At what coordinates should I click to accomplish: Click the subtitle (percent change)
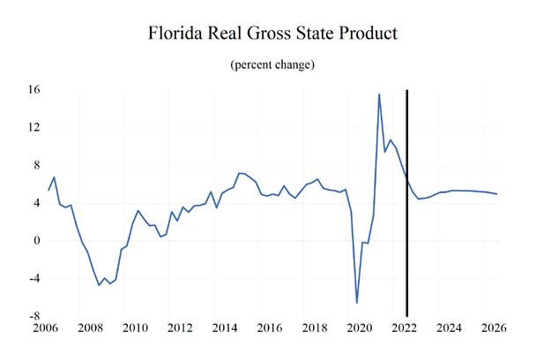[272, 65]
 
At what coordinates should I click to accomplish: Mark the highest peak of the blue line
[379, 94]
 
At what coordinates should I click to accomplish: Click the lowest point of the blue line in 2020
[357, 303]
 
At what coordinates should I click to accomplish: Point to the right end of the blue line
[497, 194]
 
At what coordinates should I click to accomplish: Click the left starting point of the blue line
[48, 190]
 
